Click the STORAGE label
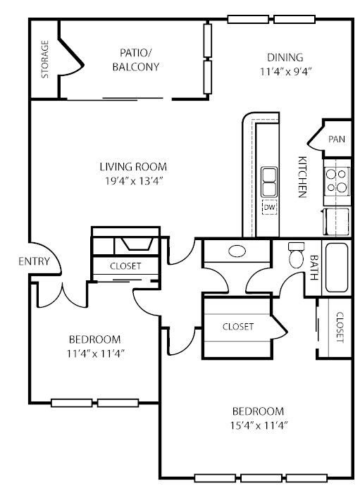point(45,59)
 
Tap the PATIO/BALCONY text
point(136,60)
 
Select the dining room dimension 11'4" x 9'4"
point(285,72)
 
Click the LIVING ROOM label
point(133,167)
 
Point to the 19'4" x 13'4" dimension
point(134,181)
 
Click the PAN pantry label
point(337,139)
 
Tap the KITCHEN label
point(302,177)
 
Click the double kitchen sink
point(269,182)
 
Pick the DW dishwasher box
point(269,207)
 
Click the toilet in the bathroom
point(296,254)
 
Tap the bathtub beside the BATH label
point(337,267)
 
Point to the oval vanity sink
point(237,251)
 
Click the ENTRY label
point(34,261)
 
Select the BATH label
point(314,267)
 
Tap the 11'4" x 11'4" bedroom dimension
point(96,354)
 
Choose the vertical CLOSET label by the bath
point(340,327)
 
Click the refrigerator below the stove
point(336,222)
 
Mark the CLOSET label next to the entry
point(125,266)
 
